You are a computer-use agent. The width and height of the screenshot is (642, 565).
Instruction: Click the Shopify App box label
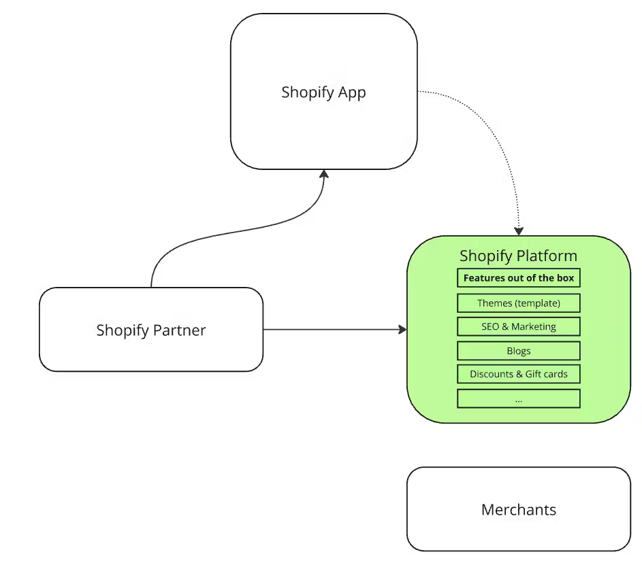pos(323,92)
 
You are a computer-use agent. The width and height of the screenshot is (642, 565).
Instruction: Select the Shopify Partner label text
pos(150,330)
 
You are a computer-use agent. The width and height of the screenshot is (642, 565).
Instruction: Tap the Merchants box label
pos(518,510)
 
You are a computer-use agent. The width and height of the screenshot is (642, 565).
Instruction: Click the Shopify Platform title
pos(518,256)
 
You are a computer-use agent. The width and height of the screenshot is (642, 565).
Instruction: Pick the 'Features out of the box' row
pos(518,278)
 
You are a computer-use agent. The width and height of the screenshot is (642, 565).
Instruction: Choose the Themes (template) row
pos(518,303)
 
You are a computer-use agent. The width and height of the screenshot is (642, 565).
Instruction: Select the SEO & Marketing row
pos(518,327)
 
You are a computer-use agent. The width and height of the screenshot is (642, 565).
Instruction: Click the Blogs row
pos(518,352)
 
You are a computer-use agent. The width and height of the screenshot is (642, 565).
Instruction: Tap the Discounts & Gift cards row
pos(518,374)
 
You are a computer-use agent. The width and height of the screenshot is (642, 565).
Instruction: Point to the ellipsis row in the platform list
pos(518,399)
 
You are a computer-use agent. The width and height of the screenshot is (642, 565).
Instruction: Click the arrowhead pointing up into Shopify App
pos(324,174)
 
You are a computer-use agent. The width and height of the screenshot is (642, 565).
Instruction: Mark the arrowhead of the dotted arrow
pos(519,231)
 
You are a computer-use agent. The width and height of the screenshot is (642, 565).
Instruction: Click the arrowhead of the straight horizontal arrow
pos(402,330)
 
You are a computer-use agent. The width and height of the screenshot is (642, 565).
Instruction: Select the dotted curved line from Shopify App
pos(496,135)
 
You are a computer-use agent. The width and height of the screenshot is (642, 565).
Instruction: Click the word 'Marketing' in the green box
pos(534,327)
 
